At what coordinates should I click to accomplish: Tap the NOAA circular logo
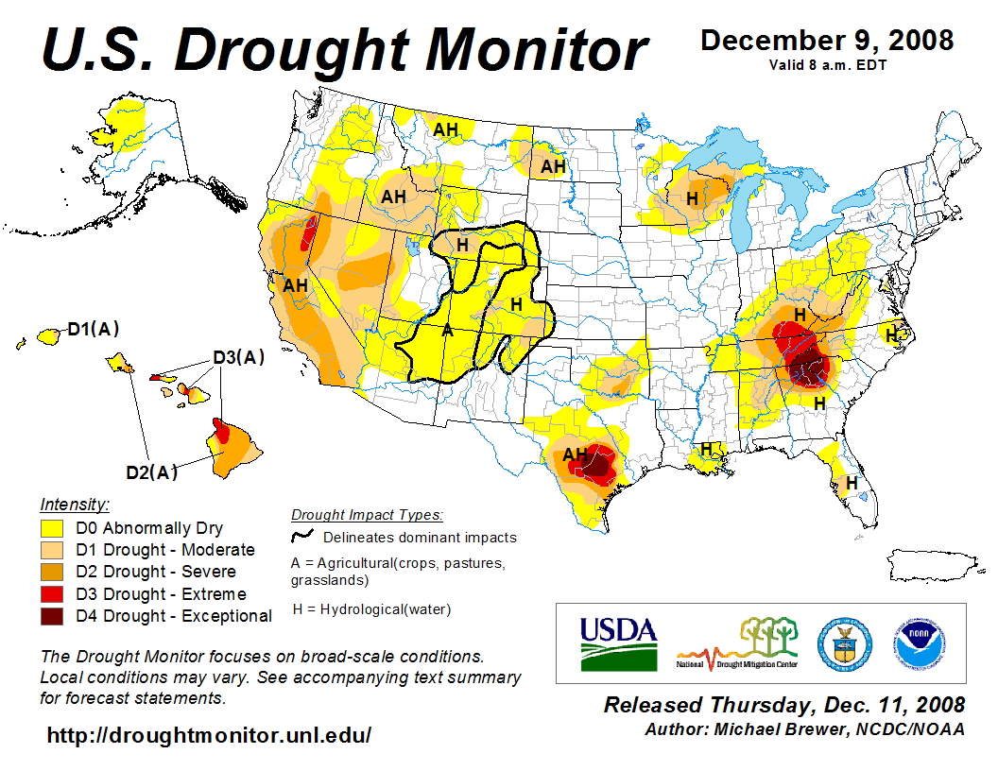pyautogui.click(x=917, y=642)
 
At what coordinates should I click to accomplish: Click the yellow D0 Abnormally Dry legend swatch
pyautogui.click(x=52, y=528)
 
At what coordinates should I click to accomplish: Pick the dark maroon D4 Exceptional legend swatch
pyautogui.click(x=52, y=616)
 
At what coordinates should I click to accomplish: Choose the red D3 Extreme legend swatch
pyautogui.click(x=52, y=594)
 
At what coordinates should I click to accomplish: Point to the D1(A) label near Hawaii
pyautogui.click(x=93, y=330)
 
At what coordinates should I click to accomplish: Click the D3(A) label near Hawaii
pyautogui.click(x=237, y=357)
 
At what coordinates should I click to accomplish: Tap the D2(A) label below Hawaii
pyautogui.click(x=152, y=472)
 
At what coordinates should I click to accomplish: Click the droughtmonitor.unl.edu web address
pyautogui.click(x=209, y=734)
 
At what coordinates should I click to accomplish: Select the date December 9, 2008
pyautogui.click(x=827, y=41)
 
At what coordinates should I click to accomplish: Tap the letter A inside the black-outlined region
pyautogui.click(x=447, y=332)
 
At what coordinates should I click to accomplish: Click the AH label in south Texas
pyautogui.click(x=576, y=454)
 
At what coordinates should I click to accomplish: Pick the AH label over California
pyautogui.click(x=296, y=284)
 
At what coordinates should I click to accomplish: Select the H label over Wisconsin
pyautogui.click(x=693, y=198)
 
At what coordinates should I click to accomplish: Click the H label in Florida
pyautogui.click(x=852, y=483)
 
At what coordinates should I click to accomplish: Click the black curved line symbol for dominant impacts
pyautogui.click(x=302, y=538)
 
